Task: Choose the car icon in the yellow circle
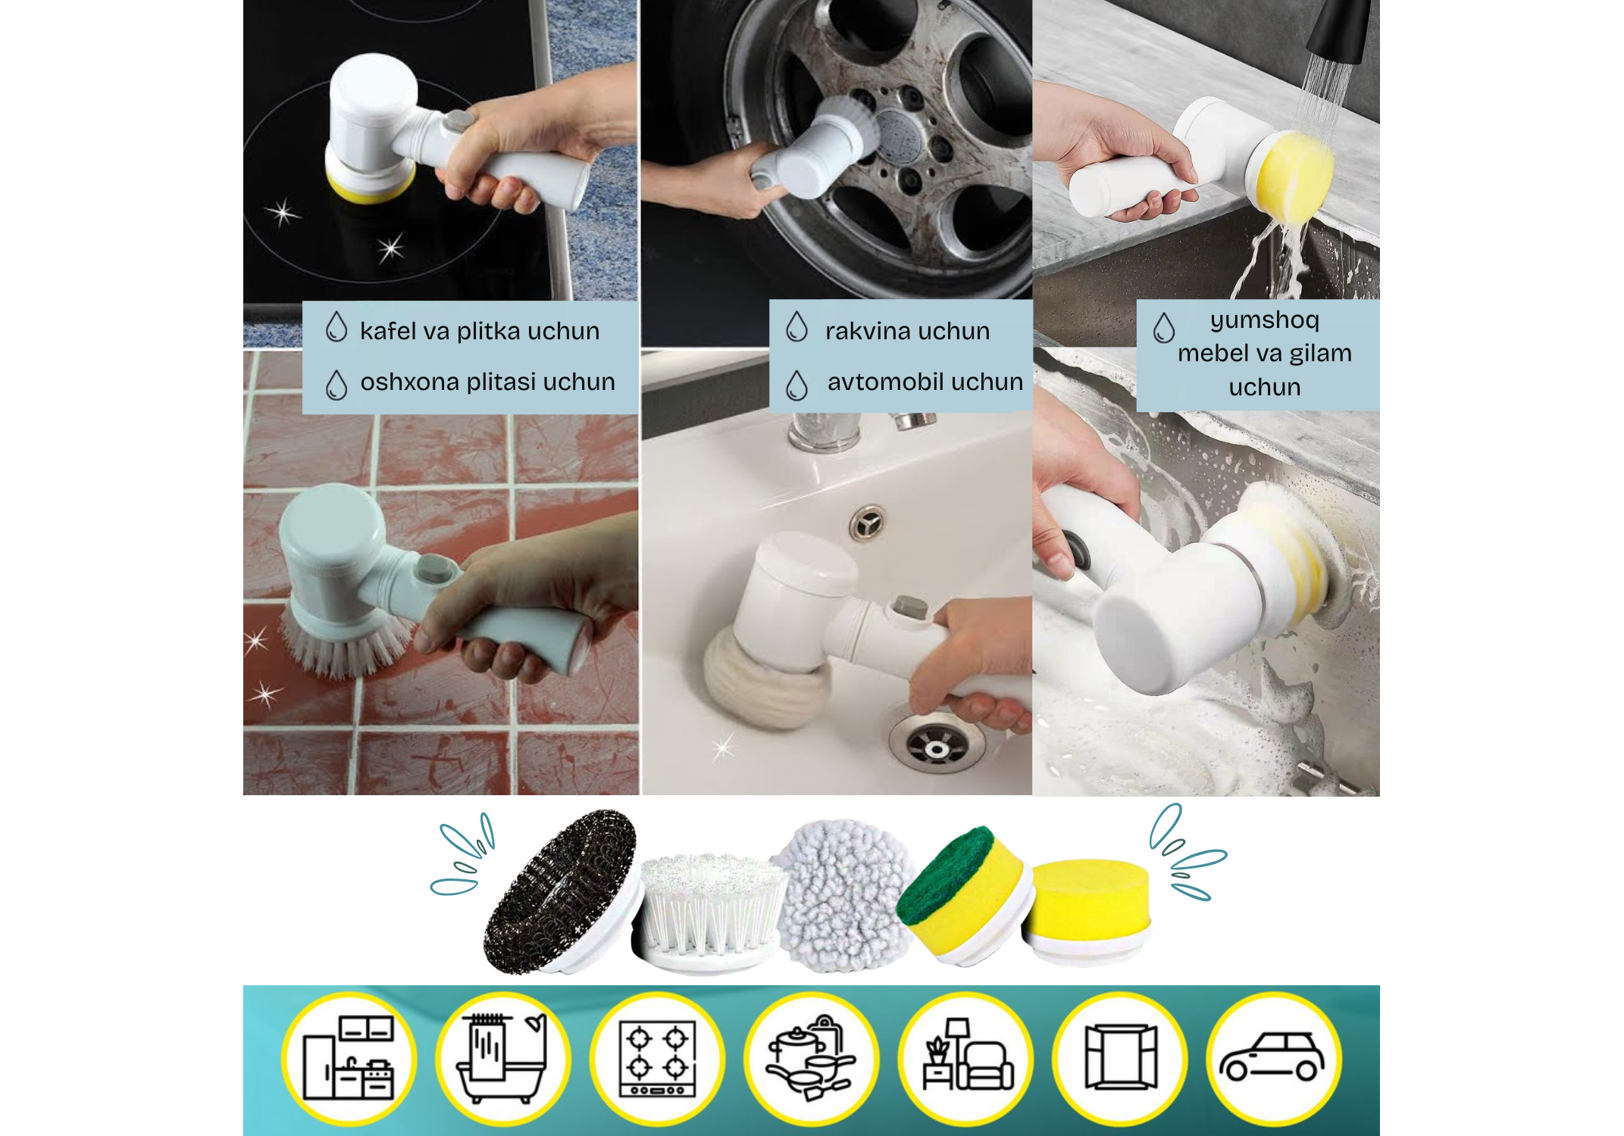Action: pyautogui.click(x=1272, y=1057)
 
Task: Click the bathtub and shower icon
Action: pyautogui.click(x=502, y=1057)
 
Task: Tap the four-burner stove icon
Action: pyautogui.click(x=658, y=1058)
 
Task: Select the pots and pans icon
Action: pyautogui.click(x=810, y=1058)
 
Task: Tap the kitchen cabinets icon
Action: pyautogui.click(x=348, y=1058)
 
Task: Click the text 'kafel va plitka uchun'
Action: pyautogui.click(x=480, y=331)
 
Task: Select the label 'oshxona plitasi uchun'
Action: pyautogui.click(x=487, y=382)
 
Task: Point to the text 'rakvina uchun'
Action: pyautogui.click(x=907, y=331)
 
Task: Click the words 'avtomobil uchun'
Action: pyautogui.click(x=925, y=382)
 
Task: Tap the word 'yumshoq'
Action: pyautogui.click(x=1265, y=320)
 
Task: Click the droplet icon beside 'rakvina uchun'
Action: pyautogui.click(x=796, y=326)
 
